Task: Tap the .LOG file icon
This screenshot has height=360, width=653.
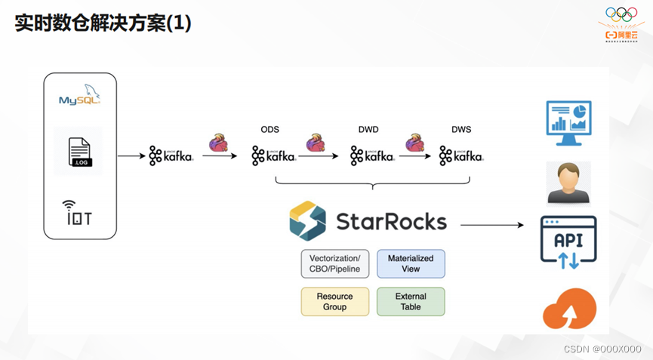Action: point(79,152)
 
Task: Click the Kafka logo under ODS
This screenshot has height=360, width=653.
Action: point(273,155)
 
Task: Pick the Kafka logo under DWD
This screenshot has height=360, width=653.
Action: point(372,155)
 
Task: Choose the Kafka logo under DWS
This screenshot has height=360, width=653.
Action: point(461,155)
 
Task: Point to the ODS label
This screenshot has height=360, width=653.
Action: point(270,130)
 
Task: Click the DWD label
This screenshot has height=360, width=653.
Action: point(368,130)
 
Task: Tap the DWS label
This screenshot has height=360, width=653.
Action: point(461,130)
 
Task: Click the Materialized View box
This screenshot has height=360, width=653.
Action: point(411,263)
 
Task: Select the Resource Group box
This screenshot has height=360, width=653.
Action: point(335,301)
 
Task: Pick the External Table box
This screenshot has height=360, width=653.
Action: point(411,301)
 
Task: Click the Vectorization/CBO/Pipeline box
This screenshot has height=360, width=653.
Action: point(335,263)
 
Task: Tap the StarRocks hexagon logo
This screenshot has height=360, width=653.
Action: point(307,220)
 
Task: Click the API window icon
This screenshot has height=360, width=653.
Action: point(568,241)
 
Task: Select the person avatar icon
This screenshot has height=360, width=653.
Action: point(568,182)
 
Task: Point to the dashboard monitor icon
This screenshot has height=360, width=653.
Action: point(568,123)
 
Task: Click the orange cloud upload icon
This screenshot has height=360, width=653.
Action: point(569,309)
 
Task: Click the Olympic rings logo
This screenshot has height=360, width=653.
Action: point(622,14)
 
